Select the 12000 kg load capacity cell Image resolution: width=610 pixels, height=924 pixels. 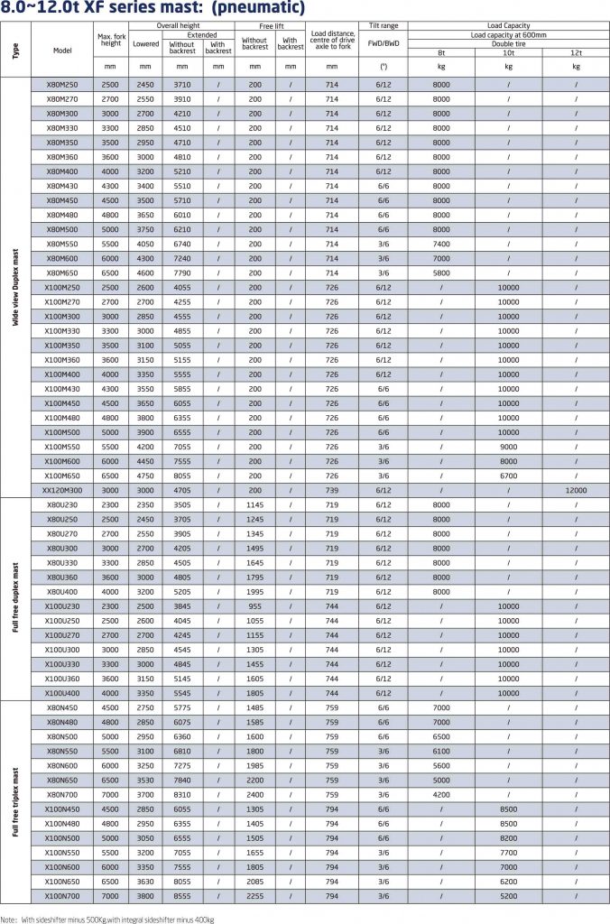(576, 490)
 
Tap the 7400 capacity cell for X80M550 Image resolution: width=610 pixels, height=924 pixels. (441, 245)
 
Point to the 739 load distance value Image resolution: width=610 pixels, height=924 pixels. (332, 490)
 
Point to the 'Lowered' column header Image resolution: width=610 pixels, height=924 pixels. (145, 42)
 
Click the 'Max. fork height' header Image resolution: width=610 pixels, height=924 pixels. (111, 39)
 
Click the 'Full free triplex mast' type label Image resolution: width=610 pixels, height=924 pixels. (15, 800)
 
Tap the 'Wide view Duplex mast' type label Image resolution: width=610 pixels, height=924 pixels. (15, 287)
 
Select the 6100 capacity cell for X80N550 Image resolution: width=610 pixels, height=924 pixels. (441, 750)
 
